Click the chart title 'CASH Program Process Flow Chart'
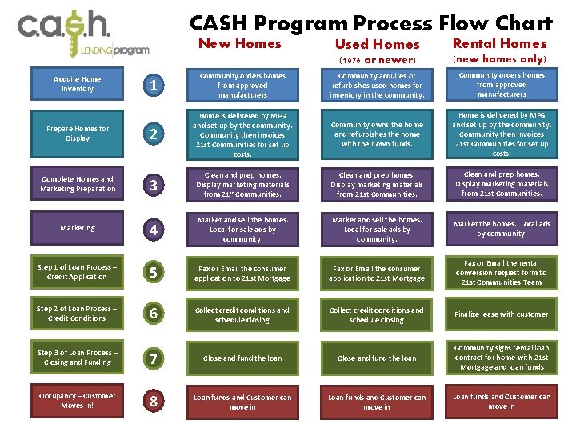pyautogui.click(x=371, y=23)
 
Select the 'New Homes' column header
pyautogui.click(x=240, y=44)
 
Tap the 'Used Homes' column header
pyautogui.click(x=377, y=45)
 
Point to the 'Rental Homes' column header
pyautogui.click(x=500, y=44)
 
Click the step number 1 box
pyautogui.click(x=154, y=85)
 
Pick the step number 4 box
pyautogui.click(x=154, y=230)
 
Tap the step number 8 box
pyautogui.click(x=154, y=402)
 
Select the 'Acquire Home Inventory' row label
pyautogui.click(x=78, y=84)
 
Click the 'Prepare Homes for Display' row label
pyautogui.click(x=78, y=134)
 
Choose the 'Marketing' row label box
pyautogui.click(x=78, y=228)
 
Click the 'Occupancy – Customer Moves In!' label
pyautogui.click(x=78, y=401)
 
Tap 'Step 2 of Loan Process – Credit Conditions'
pyautogui.click(x=78, y=314)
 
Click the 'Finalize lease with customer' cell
pyautogui.click(x=502, y=314)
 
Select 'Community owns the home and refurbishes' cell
pyautogui.click(x=377, y=134)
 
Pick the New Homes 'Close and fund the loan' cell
pyautogui.click(x=242, y=358)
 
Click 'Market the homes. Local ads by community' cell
pyautogui.click(x=502, y=229)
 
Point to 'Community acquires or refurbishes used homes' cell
pyautogui.click(x=377, y=86)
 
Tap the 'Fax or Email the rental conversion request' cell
pyautogui.click(x=502, y=273)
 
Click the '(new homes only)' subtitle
pyautogui.click(x=500, y=59)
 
